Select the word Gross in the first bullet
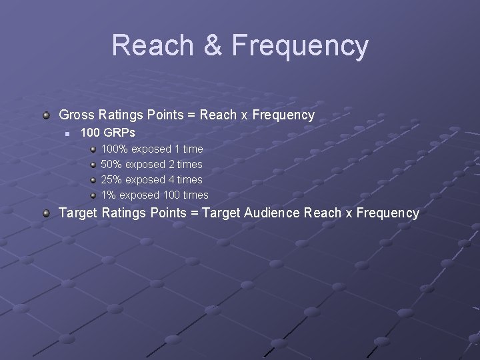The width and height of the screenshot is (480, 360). tap(77, 115)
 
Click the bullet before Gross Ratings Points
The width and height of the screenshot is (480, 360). tap(45, 115)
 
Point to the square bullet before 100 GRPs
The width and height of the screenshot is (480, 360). tap(67, 134)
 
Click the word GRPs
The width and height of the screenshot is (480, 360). tap(120, 133)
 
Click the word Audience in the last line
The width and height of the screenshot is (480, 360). tap(273, 213)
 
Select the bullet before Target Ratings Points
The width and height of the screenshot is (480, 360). tap(45, 213)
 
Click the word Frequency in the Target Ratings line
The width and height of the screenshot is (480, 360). tap(387, 213)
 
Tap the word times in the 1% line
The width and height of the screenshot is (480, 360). tap(195, 195)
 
